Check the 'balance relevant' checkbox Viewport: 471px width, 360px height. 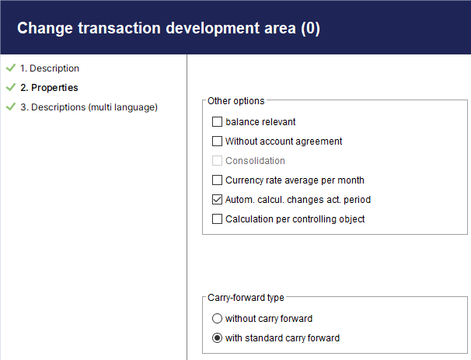pyautogui.click(x=217, y=122)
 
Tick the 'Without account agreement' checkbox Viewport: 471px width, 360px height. pyautogui.click(x=217, y=142)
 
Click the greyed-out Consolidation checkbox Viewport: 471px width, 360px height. pyautogui.click(x=217, y=161)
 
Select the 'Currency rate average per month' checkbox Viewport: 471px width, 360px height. pyautogui.click(x=217, y=180)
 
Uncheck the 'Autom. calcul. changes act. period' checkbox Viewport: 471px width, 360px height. pyautogui.click(x=217, y=200)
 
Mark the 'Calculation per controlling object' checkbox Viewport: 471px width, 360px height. pyautogui.click(x=217, y=219)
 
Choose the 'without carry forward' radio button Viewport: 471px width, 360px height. pyautogui.click(x=217, y=319)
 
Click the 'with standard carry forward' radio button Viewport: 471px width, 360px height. pyautogui.click(x=217, y=338)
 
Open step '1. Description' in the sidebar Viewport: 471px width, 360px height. pyautogui.click(x=50, y=68)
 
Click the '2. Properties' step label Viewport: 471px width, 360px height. pyautogui.click(x=49, y=88)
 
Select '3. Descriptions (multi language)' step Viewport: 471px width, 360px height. pyautogui.click(x=89, y=107)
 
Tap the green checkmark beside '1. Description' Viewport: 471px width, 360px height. pyautogui.click(x=11, y=68)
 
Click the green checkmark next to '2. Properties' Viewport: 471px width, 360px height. pyautogui.click(x=11, y=87)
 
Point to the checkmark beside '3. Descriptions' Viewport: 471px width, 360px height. pyautogui.click(x=11, y=107)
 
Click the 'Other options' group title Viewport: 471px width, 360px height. pyautogui.click(x=236, y=101)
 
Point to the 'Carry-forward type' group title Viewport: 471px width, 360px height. pyautogui.click(x=246, y=298)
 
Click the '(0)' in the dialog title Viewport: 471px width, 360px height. pyautogui.click(x=311, y=28)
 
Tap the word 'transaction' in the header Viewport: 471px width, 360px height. pyautogui.click(x=119, y=28)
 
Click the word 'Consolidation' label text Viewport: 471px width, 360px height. pyautogui.click(x=255, y=161)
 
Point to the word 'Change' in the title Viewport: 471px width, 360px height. pyautogui.click(x=45, y=29)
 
